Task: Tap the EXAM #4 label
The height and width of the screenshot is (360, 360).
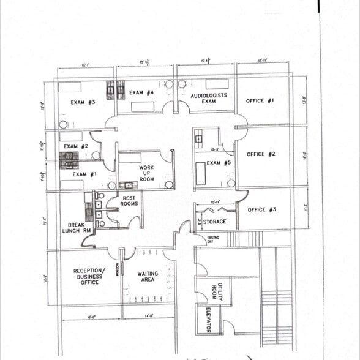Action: point(141,93)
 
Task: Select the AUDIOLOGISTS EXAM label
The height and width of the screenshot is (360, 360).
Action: point(208,99)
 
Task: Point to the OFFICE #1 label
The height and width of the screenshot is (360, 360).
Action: point(260,100)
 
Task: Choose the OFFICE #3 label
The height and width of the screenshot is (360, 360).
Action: point(261,209)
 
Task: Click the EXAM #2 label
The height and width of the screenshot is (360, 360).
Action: point(76,146)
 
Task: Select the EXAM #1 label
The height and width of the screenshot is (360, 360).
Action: point(84,174)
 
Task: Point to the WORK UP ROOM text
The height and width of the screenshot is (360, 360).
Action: point(146,173)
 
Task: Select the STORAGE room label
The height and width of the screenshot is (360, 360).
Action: point(214,222)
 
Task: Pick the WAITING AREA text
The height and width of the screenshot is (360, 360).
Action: point(148,277)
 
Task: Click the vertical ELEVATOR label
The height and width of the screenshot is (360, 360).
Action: point(208,320)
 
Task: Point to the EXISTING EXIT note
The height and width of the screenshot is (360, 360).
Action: point(212,239)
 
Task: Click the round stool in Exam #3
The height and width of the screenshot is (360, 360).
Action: point(63,124)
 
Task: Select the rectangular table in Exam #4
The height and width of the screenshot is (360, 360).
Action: point(143,107)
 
